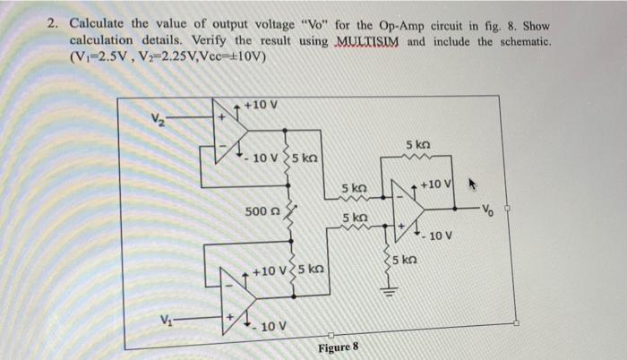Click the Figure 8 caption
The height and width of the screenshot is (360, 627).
click(x=337, y=347)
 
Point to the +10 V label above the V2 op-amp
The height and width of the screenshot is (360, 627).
click(x=260, y=106)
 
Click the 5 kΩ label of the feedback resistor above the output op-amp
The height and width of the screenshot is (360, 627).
click(x=421, y=144)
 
